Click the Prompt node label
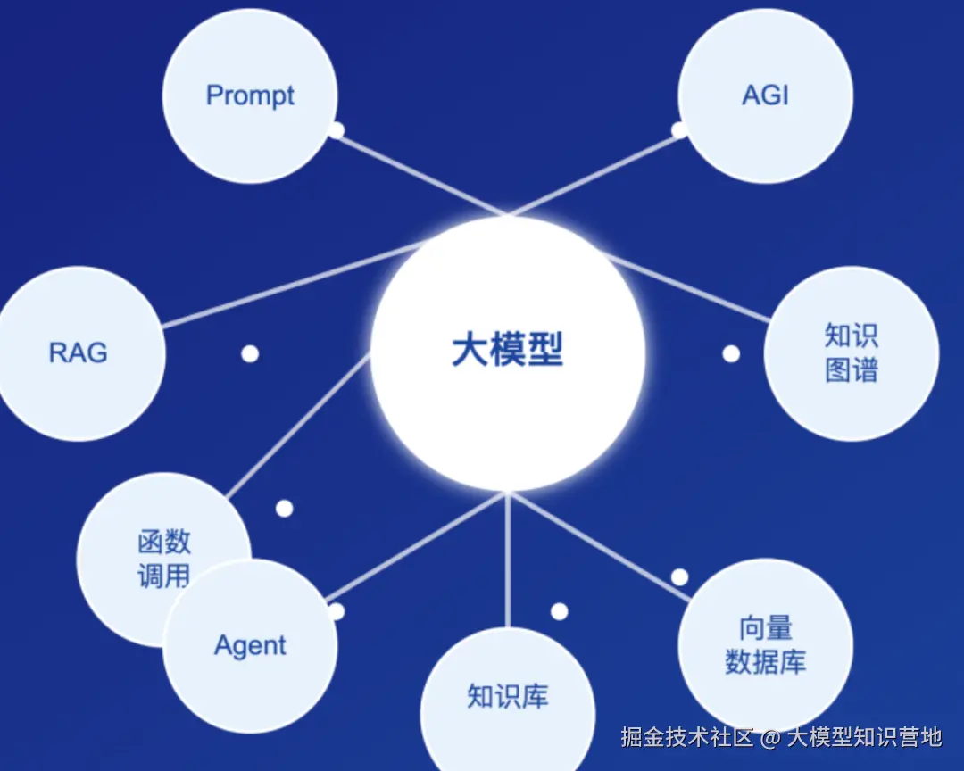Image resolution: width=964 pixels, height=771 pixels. tap(250, 95)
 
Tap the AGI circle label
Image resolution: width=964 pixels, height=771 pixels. tap(765, 95)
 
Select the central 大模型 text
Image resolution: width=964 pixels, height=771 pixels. tap(507, 350)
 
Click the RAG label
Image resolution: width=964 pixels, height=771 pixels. tap(78, 352)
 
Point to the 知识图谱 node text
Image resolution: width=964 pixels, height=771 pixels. tap(851, 353)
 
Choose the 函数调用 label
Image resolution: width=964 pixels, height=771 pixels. tap(164, 558)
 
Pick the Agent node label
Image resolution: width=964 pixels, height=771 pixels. tap(250, 645)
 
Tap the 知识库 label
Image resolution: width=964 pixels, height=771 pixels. tap(507, 696)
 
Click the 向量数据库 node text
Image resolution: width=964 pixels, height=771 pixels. tap(765, 645)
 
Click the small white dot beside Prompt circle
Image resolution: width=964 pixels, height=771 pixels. tap(336, 130)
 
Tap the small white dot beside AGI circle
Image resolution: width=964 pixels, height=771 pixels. tap(679, 130)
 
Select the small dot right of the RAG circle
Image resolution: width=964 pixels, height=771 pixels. tap(250, 353)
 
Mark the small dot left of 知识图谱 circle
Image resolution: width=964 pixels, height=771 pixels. tap(731, 353)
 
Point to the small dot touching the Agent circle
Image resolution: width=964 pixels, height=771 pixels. tap(336, 611)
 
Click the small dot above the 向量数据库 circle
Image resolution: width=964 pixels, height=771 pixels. tap(679, 576)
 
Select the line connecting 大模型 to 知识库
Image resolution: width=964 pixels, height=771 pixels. tap(507, 562)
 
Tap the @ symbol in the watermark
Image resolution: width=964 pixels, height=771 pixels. tap(770, 737)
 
